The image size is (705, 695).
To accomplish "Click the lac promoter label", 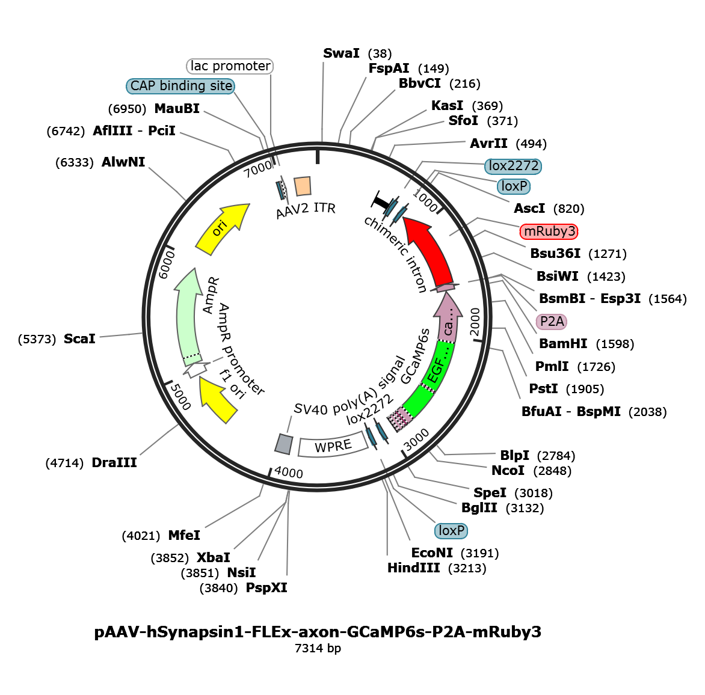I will coord(231,66).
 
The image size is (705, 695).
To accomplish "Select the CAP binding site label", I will coord(181,86).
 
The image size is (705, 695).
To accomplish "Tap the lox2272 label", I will coord(514,166).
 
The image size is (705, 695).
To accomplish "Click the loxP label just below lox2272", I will coord(514,186).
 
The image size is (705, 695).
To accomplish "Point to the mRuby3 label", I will coord(549,231).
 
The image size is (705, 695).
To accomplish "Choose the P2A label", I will coord(552,322).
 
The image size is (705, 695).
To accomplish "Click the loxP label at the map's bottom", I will coord(451,531).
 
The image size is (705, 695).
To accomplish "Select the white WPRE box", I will coord(333,446).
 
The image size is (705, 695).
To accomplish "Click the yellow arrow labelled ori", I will coord(221,228).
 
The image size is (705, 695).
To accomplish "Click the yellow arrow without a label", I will coord(218,399).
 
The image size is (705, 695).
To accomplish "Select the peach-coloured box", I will coord(303,186).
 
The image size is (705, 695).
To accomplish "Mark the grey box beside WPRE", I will coord(284,444).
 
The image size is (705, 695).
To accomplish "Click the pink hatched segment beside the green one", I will coord(400,418).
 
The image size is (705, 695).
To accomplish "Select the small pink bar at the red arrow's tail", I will coord(445,288).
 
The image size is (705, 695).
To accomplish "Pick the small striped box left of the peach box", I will coord(283,190).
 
